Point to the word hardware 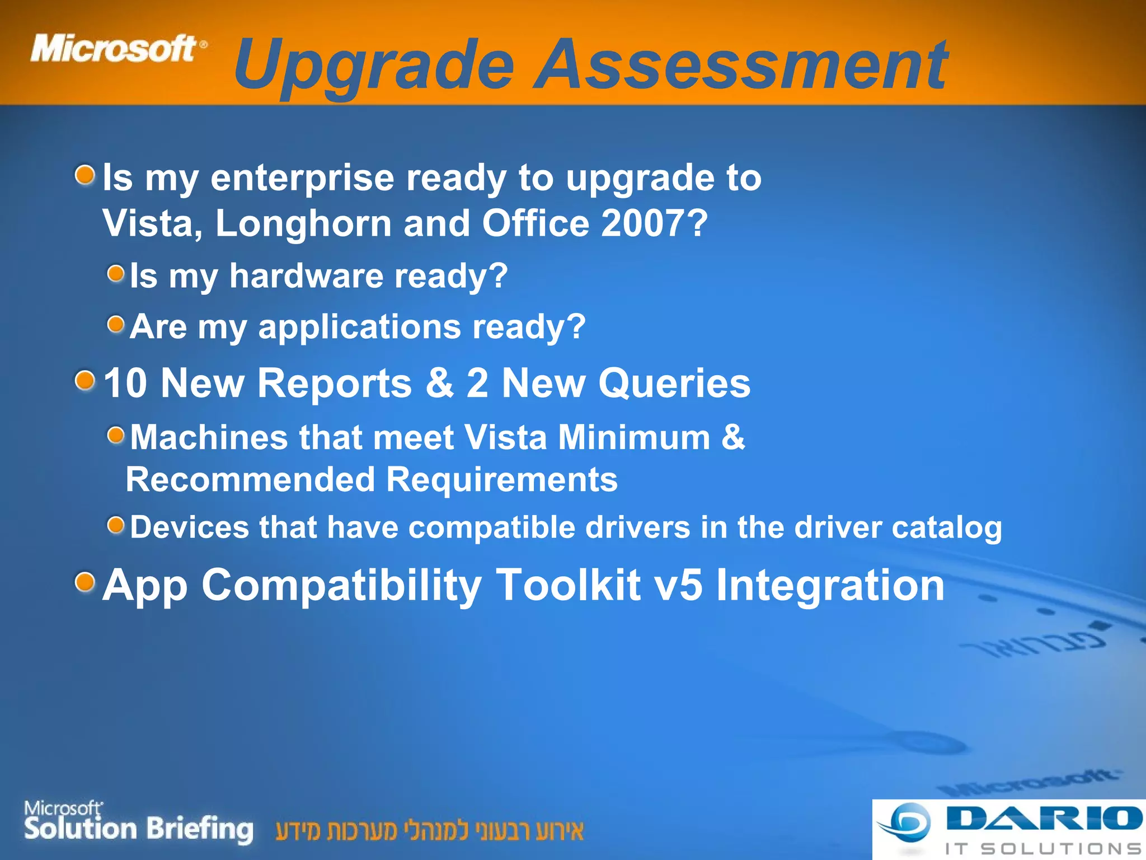click(x=306, y=276)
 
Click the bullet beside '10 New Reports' click(x=85, y=381)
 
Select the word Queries click(x=674, y=384)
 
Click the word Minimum click(x=634, y=437)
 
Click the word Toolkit click(x=567, y=586)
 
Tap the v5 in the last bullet click(x=678, y=586)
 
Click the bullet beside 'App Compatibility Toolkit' click(x=85, y=582)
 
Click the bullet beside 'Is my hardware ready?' click(x=116, y=274)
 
